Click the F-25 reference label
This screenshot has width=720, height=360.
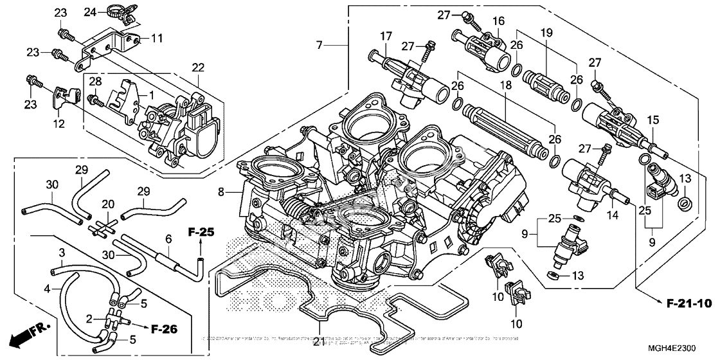pyautogui.click(x=201, y=231)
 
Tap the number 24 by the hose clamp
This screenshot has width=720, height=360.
pyautogui.click(x=89, y=12)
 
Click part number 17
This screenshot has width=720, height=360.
pyautogui.click(x=385, y=36)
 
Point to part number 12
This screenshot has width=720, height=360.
pyautogui.click(x=59, y=123)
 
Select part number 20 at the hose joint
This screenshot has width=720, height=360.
pyautogui.click(x=109, y=204)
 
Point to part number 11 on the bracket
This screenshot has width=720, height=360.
pyautogui.click(x=156, y=39)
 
